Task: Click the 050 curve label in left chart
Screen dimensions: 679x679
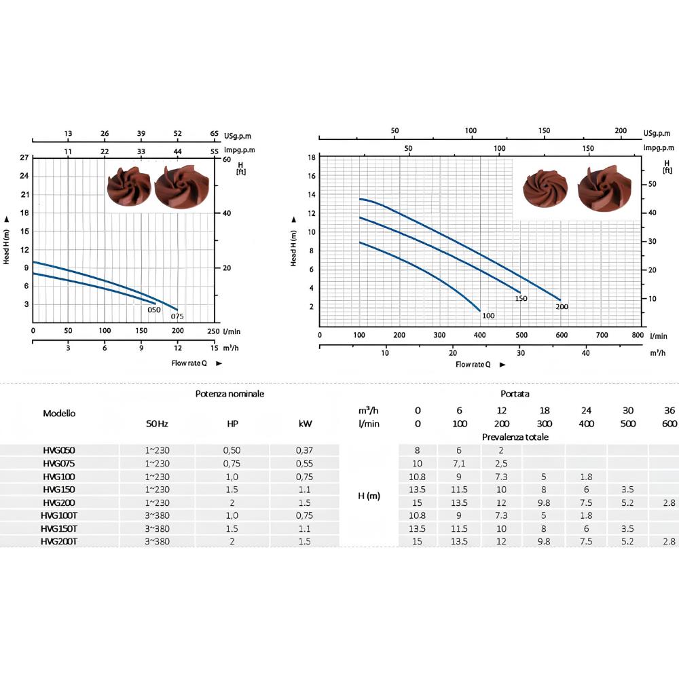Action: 153,310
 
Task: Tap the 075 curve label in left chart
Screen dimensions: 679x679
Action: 177,316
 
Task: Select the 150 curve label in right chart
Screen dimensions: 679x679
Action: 521,298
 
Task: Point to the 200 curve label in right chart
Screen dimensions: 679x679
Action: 562,307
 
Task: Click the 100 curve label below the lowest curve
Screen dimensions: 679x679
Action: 488,316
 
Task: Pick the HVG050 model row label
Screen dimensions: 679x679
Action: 59,450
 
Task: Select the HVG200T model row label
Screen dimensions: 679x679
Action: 59,541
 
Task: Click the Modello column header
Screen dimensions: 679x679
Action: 59,413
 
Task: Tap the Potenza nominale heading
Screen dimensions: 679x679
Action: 230,394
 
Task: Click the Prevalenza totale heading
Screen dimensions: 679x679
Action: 515,437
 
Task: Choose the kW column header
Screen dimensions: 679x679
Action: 305,424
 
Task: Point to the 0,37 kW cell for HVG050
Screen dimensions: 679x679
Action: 304,450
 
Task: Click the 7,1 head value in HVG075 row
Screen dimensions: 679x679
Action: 459,463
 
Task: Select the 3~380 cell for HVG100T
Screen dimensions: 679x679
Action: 158,515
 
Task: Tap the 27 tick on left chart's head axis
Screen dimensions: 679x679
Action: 24,158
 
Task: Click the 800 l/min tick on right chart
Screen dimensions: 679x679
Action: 638,335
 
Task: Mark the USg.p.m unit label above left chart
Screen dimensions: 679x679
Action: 237,136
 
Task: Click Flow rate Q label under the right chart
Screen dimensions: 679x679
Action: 473,365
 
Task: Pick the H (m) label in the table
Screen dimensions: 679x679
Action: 369,496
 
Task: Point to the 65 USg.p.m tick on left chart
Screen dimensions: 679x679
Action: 215,133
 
